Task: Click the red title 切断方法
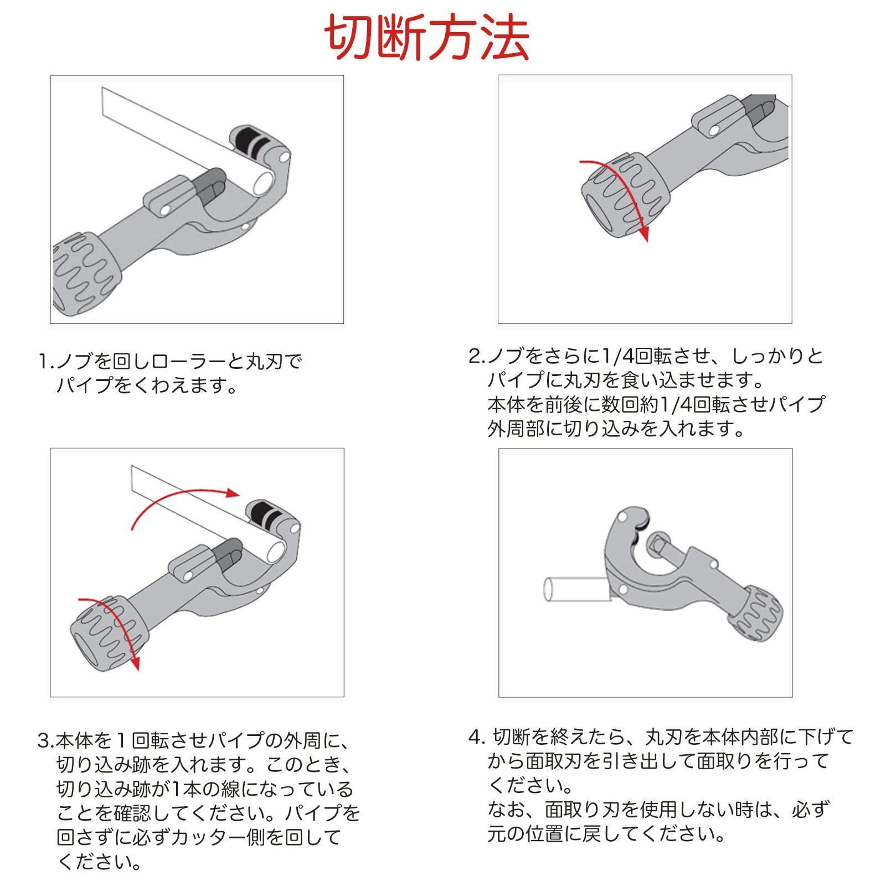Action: tap(426, 38)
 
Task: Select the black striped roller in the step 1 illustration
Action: tap(252, 143)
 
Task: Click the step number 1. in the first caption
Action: tap(47, 363)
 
